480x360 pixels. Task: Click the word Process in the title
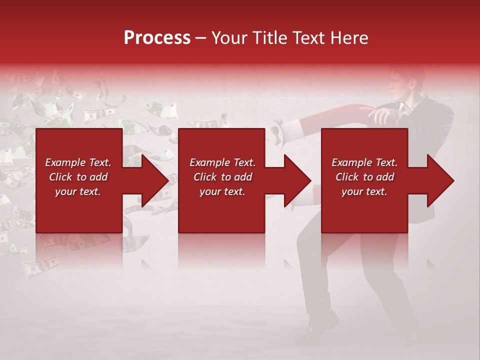click(x=157, y=38)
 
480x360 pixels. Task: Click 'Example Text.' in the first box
click(x=78, y=162)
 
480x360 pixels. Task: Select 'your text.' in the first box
click(x=78, y=191)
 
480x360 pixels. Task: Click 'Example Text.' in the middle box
click(x=222, y=162)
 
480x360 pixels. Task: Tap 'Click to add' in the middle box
click(x=222, y=177)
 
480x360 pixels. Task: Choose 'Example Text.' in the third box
click(x=364, y=162)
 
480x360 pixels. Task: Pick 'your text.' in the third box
click(x=364, y=191)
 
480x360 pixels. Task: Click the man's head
click(x=406, y=85)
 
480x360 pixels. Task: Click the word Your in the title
click(x=229, y=38)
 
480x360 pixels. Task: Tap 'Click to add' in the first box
click(x=78, y=177)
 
